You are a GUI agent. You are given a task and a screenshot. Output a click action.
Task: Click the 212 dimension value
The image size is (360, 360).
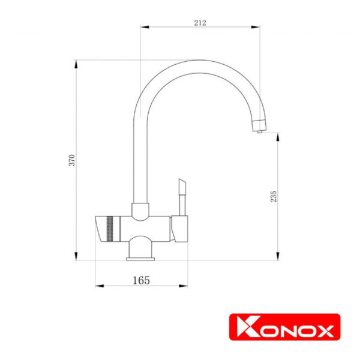(200, 23)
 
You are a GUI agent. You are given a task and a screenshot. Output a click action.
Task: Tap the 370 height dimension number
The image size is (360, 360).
(72, 160)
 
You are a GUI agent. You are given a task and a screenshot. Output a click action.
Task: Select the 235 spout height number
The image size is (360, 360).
(274, 196)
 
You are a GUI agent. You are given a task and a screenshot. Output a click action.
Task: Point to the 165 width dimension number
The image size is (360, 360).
(141, 280)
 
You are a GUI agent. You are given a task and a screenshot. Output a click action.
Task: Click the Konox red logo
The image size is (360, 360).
(284, 327)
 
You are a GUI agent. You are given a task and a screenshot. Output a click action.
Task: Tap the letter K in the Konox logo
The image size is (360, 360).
(248, 327)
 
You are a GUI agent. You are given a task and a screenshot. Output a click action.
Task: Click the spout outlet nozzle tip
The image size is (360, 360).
(260, 131)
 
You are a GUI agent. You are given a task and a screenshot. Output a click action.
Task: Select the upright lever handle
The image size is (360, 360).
(182, 197)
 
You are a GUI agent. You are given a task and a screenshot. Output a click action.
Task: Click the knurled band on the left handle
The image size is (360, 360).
(110, 229)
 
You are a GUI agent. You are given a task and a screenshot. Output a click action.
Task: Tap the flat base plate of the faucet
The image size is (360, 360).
(140, 259)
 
